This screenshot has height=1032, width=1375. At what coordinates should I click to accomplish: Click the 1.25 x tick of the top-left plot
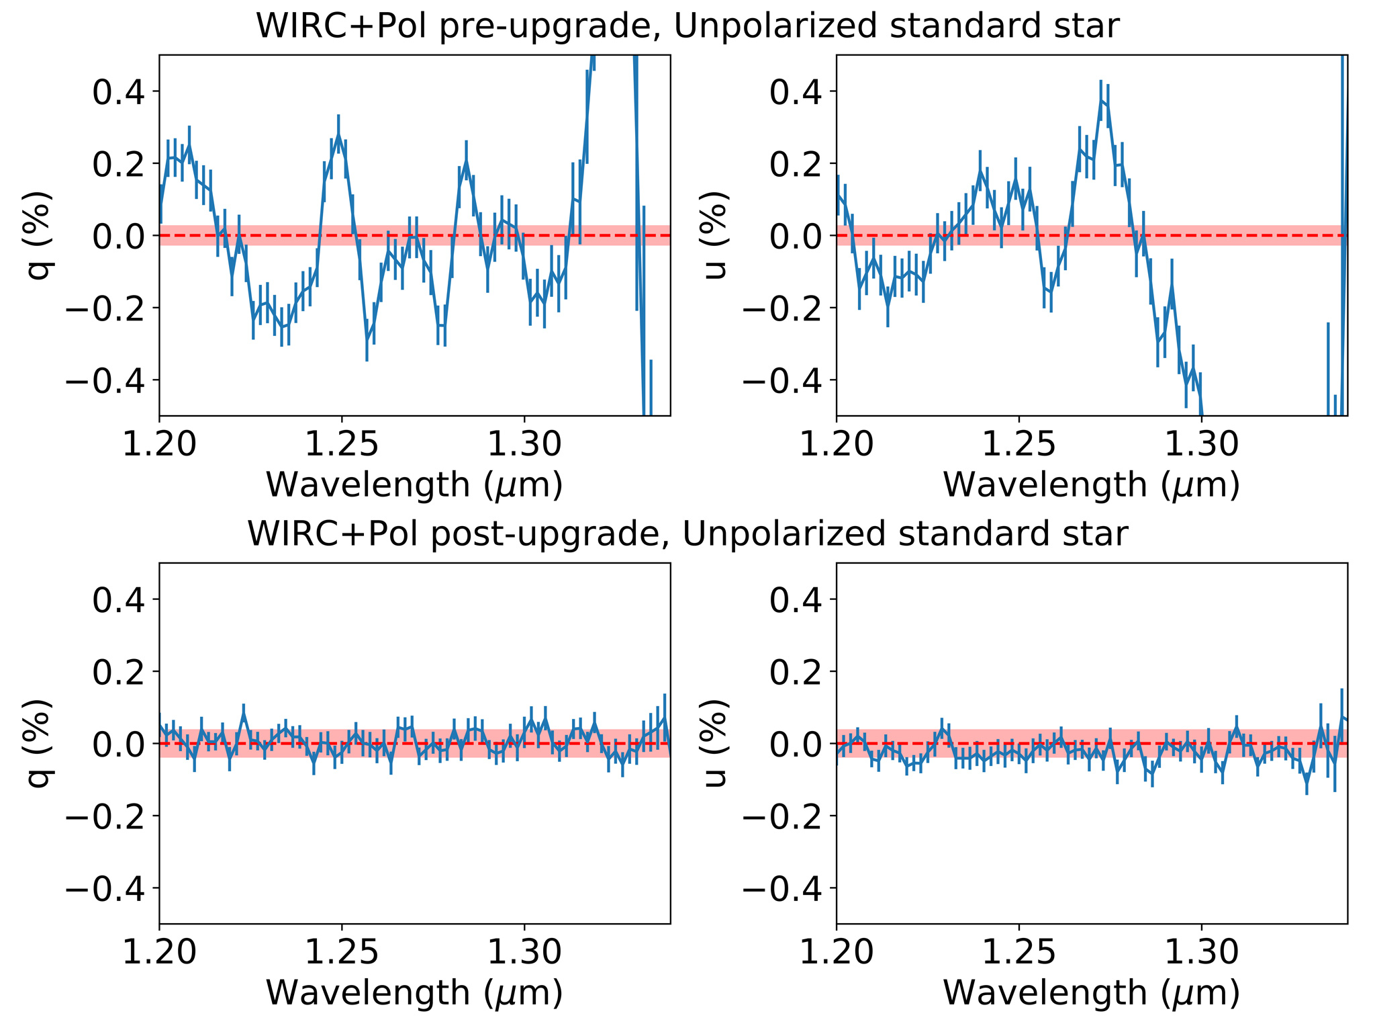coord(342,444)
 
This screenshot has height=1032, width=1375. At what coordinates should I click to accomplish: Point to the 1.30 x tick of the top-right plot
coord(1202,444)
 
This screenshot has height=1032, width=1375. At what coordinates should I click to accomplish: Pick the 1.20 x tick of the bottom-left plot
coord(159,952)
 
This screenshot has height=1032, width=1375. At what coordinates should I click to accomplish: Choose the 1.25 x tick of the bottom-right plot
coord(1018,952)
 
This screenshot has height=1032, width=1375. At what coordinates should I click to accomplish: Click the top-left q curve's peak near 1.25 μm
coord(338,135)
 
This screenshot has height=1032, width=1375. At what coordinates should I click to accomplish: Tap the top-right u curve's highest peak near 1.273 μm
coord(1101,100)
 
